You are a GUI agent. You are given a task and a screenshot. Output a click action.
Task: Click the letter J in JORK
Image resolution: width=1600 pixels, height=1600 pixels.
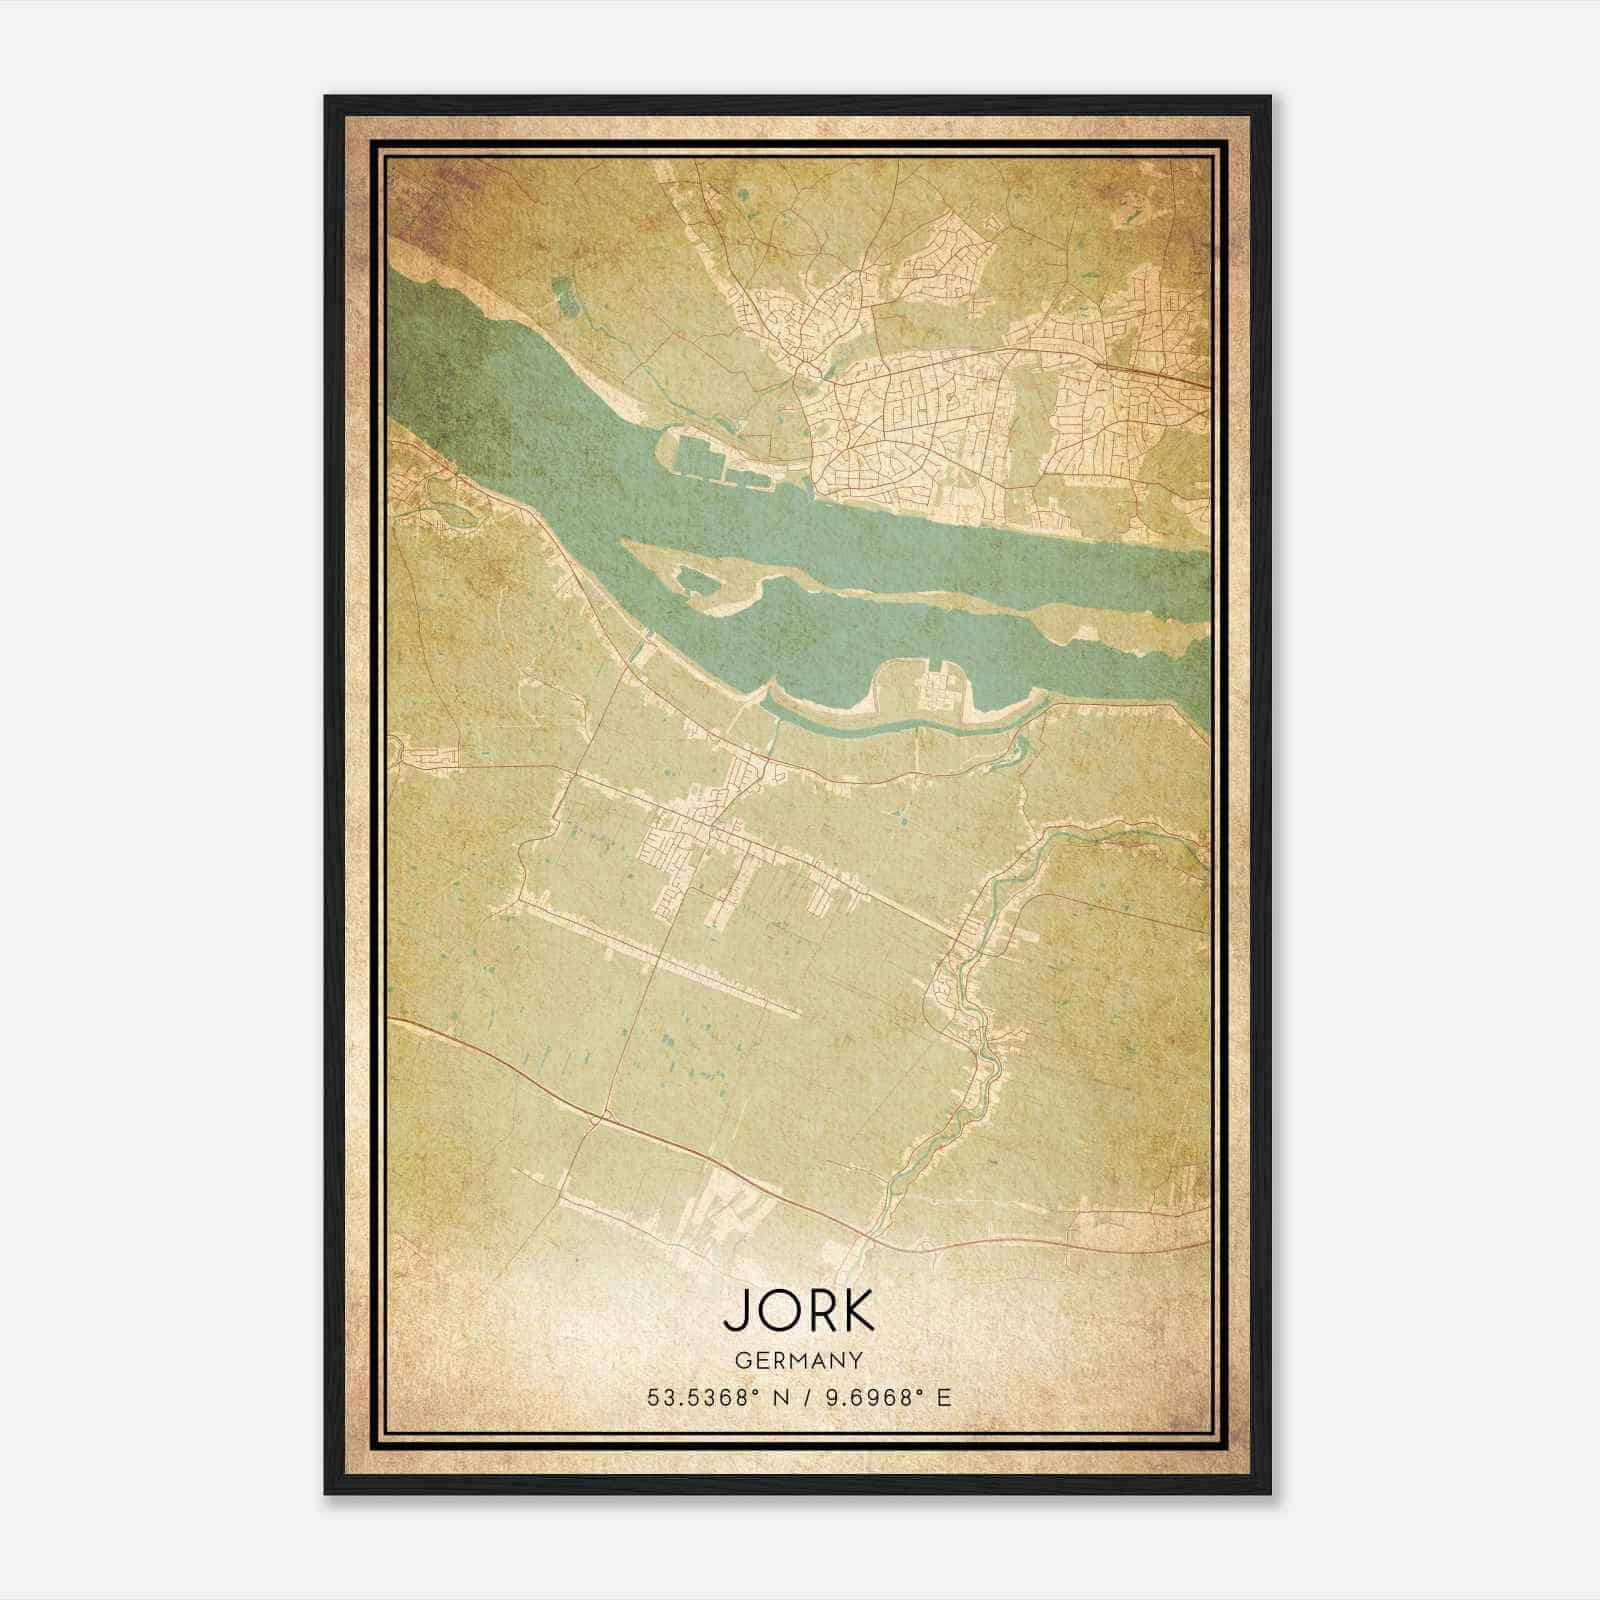click(735, 1311)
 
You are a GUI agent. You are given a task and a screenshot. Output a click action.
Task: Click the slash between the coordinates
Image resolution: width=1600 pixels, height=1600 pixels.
click(805, 1397)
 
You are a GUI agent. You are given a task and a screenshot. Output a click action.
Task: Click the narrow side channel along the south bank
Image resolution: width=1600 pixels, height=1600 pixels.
click(880, 728)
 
